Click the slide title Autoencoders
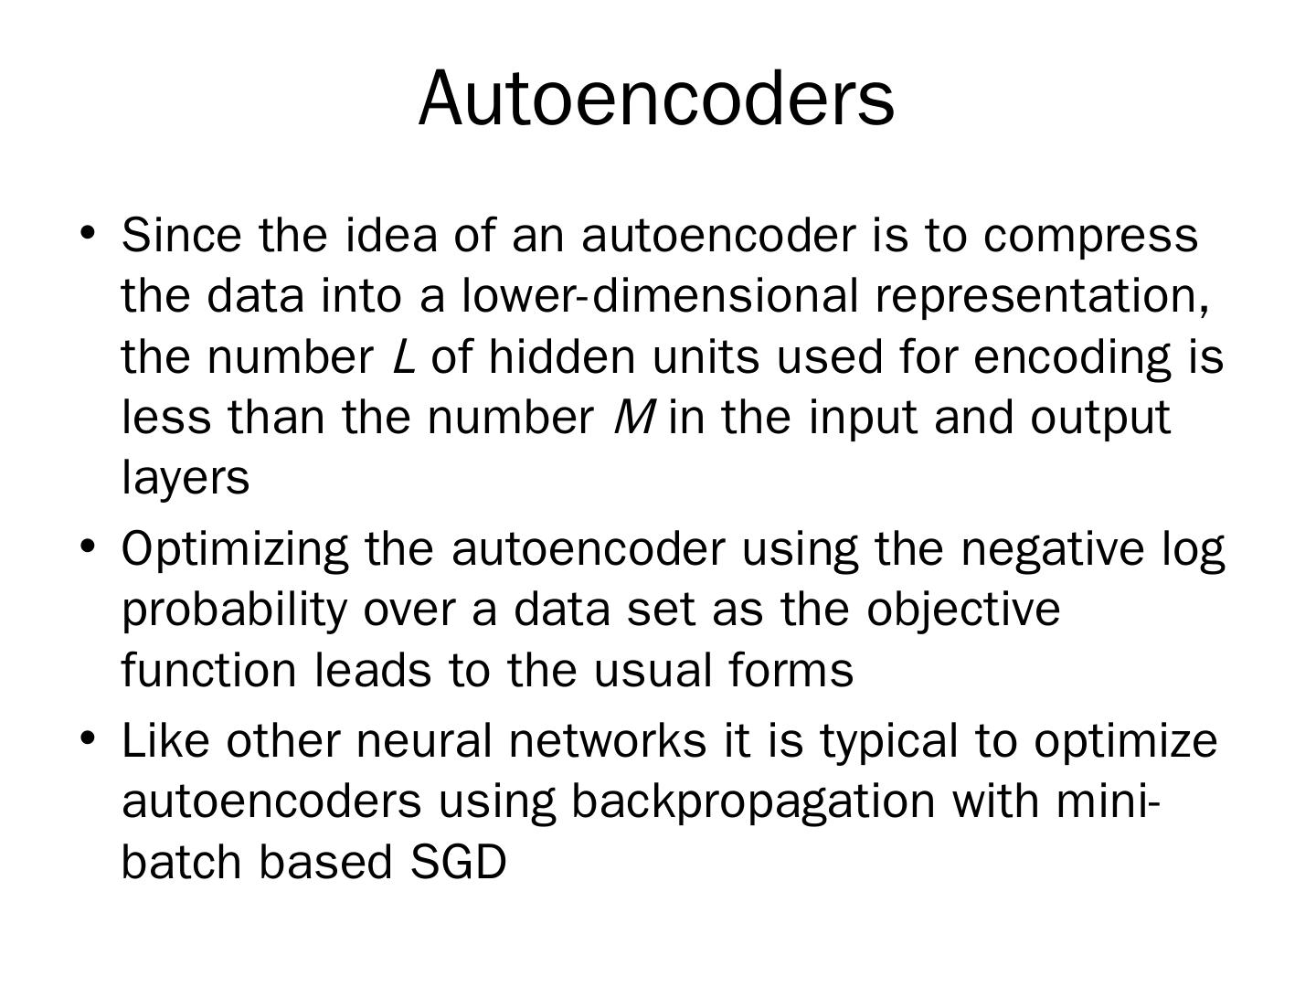pos(656,98)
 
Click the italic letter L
pos(403,356)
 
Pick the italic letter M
pos(633,418)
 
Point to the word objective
pos(963,610)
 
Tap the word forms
pos(791,670)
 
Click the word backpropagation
pos(753,802)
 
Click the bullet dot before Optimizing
pos(88,546)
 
